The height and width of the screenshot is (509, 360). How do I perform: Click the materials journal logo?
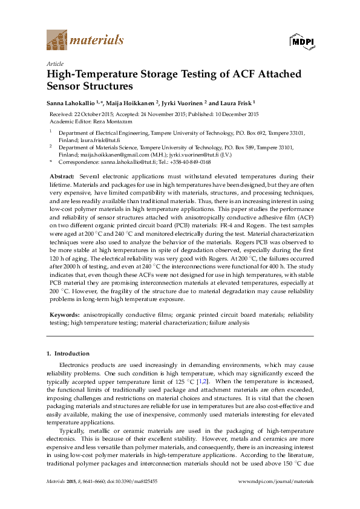tap(85, 41)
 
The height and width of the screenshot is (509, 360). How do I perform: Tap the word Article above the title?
tap(54, 63)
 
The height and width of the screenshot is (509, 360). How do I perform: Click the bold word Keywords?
tap(64, 315)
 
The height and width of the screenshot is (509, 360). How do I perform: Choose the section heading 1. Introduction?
tap(68, 353)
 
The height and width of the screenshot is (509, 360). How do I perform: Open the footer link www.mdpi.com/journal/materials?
tap(277, 481)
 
